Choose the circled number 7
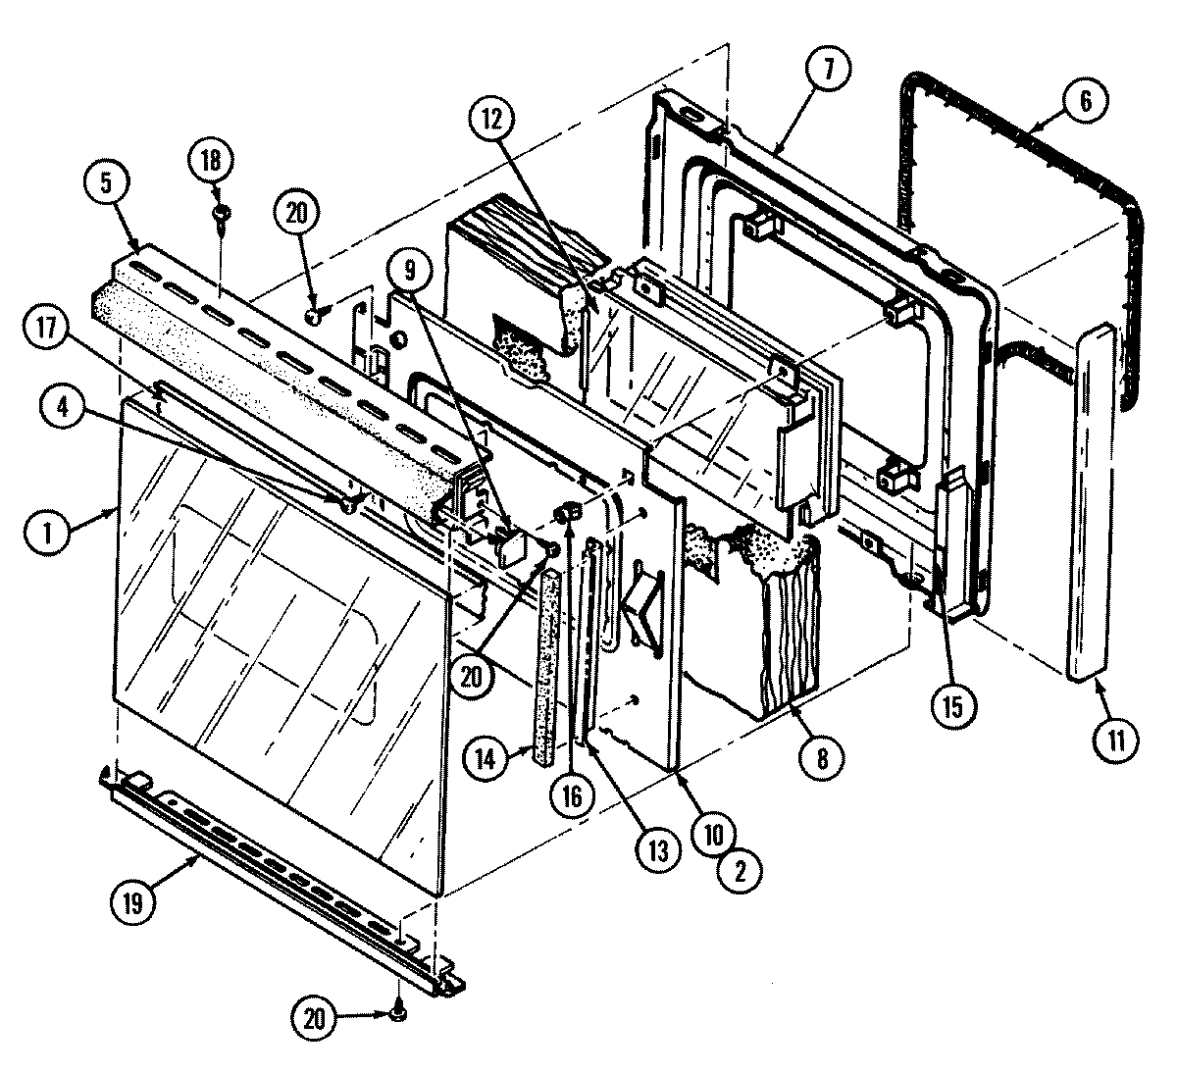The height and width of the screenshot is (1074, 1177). tap(830, 71)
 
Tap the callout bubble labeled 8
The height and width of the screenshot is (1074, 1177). tap(822, 758)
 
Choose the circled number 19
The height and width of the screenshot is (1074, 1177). tap(132, 903)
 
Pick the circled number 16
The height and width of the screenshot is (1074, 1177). tap(573, 794)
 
